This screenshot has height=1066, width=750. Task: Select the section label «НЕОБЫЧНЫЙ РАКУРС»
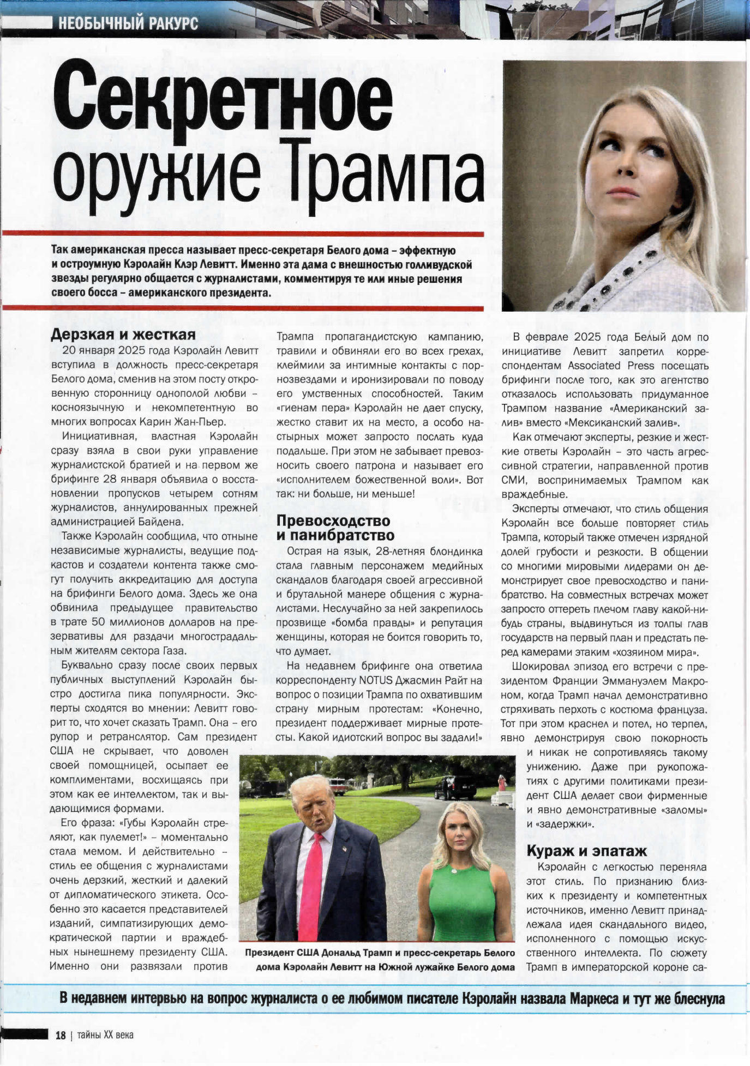(x=128, y=23)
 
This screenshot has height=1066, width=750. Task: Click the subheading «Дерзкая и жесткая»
(x=123, y=335)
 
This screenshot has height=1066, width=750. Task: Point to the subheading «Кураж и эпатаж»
(x=586, y=851)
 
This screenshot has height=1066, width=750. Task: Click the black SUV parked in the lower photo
(x=455, y=787)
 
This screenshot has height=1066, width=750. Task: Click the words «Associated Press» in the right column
(x=594, y=366)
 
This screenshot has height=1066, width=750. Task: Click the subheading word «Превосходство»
(x=333, y=521)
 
